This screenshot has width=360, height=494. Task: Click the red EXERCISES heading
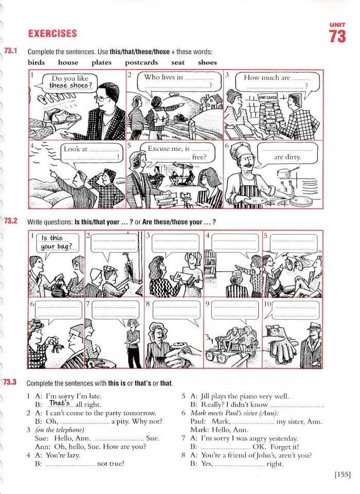pyautogui.click(x=52, y=34)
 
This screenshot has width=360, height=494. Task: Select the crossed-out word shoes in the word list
pyautogui.click(x=207, y=62)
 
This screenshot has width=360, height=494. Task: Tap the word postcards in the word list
pyautogui.click(x=141, y=62)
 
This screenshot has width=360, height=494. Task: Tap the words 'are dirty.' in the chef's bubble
pyautogui.click(x=287, y=157)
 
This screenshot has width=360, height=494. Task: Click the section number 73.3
pyautogui.click(x=11, y=382)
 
